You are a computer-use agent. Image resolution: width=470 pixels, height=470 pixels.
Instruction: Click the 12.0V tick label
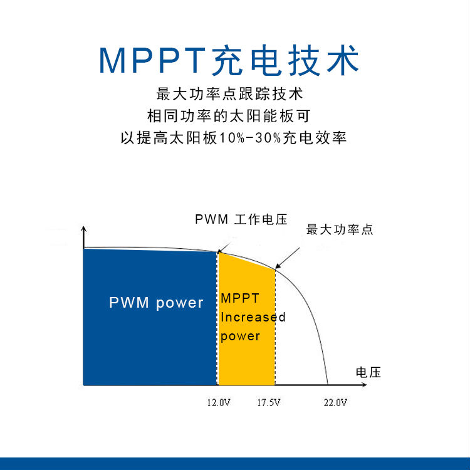pyautogui.click(x=219, y=402)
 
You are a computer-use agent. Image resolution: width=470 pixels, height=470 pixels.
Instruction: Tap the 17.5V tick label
pyautogui.click(x=269, y=402)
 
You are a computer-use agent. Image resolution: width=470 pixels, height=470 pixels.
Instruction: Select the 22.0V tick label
pyautogui.click(x=335, y=402)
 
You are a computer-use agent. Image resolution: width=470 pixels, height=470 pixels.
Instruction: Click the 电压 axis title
pyautogui.click(x=368, y=372)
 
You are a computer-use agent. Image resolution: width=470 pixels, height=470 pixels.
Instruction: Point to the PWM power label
pyautogui.click(x=156, y=303)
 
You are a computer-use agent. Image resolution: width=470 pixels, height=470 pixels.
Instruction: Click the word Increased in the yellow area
pyautogui.click(x=253, y=317)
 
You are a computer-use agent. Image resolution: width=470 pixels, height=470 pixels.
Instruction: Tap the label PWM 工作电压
pyautogui.click(x=241, y=219)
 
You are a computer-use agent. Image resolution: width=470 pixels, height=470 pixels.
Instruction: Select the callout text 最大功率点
pyautogui.click(x=340, y=229)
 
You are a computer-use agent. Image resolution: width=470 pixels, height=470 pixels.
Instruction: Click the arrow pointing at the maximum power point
pyautogui.click(x=288, y=258)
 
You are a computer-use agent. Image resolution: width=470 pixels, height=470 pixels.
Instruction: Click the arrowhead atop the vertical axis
pyautogui.click(x=83, y=229)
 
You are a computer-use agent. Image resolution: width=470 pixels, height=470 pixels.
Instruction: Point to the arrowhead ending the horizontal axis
pyautogui.click(x=364, y=385)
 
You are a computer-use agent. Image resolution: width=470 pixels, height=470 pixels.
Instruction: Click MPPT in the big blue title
pyautogui.click(x=152, y=60)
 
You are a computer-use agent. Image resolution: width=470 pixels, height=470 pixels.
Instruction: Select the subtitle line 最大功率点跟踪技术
pyautogui.click(x=229, y=94)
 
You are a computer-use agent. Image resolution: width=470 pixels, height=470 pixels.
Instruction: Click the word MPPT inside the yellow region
pyautogui.click(x=240, y=298)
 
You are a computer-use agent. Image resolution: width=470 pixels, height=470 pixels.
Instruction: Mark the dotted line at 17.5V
pyautogui.click(x=275, y=327)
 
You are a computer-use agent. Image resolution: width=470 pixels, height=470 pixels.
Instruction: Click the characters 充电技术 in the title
pyautogui.click(x=285, y=60)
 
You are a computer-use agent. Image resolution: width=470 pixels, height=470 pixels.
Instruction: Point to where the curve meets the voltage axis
pyautogui.click(x=328, y=385)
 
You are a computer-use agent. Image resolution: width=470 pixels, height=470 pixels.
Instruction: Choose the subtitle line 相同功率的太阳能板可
pyautogui.click(x=229, y=116)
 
